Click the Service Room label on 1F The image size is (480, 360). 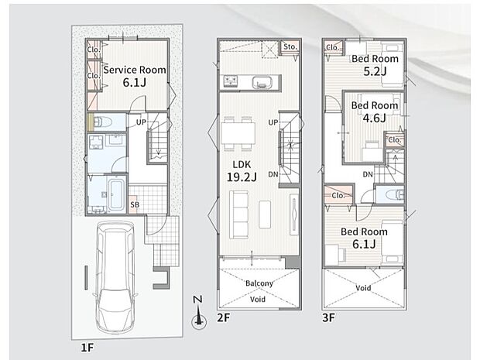click(x=135, y=70)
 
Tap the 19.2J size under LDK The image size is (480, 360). click(x=242, y=177)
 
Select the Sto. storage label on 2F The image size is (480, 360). click(x=290, y=46)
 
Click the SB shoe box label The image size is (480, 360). click(x=135, y=204)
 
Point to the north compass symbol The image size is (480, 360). click(x=199, y=312)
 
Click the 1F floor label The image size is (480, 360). click(x=87, y=348)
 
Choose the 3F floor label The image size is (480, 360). click(x=329, y=317)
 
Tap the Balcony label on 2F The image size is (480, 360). click(x=259, y=283)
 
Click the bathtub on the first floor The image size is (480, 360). click(x=116, y=194)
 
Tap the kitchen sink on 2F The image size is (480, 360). click(x=262, y=82)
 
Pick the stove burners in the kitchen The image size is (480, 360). click(x=231, y=81)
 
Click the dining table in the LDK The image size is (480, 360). click(x=238, y=133)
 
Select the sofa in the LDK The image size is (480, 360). click(x=238, y=214)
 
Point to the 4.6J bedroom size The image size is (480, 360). click(x=374, y=118)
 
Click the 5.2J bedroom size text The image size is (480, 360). click(x=375, y=71)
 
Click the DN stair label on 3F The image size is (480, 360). click(x=368, y=174)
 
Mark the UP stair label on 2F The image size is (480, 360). click(x=273, y=122)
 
